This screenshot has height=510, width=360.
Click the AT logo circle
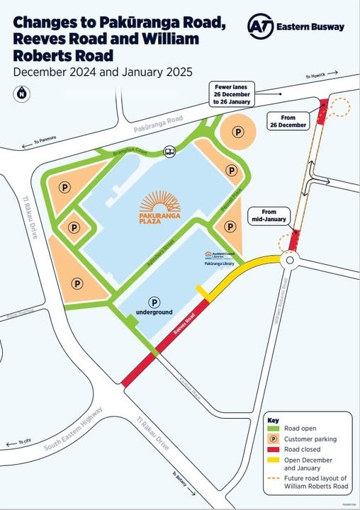click(259, 26)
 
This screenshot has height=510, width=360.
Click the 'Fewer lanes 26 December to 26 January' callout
click(235, 95)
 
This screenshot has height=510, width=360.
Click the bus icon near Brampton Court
click(170, 150)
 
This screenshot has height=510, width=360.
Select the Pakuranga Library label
click(219, 263)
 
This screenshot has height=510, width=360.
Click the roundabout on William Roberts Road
click(291, 261)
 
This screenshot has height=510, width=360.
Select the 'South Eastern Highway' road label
click(77, 426)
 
